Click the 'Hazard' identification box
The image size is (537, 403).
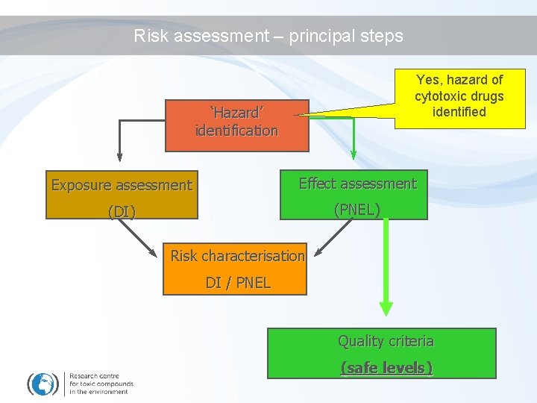coord(236,122)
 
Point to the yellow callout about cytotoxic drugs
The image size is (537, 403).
coord(459,97)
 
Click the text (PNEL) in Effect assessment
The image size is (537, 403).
coord(357,210)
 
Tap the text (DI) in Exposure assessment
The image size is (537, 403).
coord(122,212)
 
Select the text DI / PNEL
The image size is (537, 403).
coord(238,283)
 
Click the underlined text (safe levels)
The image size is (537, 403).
coord(386,367)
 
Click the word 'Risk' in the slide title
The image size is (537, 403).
coord(151,36)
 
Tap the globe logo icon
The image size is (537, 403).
coord(43,384)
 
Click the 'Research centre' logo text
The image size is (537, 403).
coord(100,383)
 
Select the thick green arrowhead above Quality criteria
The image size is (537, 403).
coord(386,307)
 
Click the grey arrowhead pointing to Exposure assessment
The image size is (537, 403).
coord(119,156)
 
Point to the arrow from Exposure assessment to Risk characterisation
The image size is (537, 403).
coord(145,237)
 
